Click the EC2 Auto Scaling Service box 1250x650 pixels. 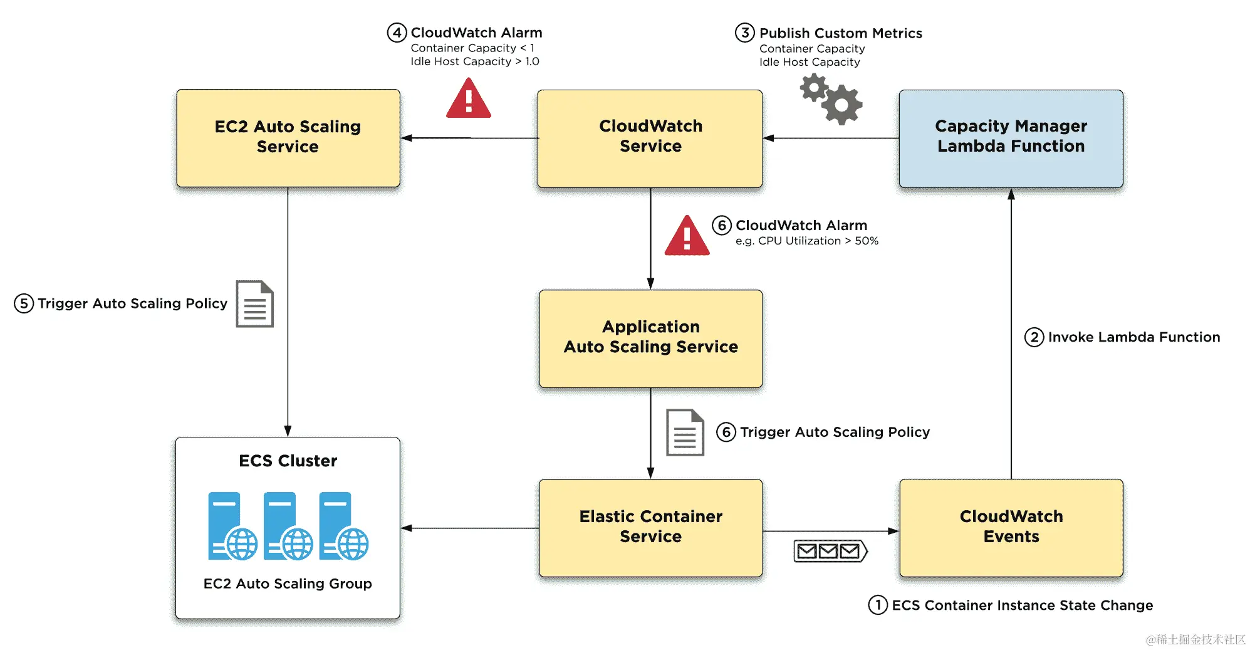[x=288, y=138]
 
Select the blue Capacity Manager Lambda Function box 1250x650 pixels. [x=1011, y=138]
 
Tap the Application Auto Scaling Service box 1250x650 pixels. [x=650, y=338]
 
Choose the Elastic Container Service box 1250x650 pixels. [x=650, y=527]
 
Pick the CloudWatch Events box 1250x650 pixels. [x=1011, y=527]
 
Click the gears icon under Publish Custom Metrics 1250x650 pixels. [x=831, y=98]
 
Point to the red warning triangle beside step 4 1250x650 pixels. [x=469, y=100]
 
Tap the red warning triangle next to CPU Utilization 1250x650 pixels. [x=687, y=236]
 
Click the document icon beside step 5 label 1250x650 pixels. [x=254, y=304]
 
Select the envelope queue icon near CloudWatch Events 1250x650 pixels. [x=830, y=551]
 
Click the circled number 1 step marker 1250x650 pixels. [x=878, y=605]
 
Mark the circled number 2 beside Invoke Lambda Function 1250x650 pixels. [x=1034, y=337]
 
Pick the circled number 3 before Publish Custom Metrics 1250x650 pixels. [x=744, y=33]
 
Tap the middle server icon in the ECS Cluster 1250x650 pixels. [x=288, y=526]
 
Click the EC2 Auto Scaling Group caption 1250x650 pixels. [x=288, y=584]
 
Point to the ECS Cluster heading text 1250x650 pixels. [x=288, y=461]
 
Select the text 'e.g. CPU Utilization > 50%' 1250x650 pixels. [x=806, y=241]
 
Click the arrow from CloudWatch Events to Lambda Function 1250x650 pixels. [x=1011, y=332]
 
